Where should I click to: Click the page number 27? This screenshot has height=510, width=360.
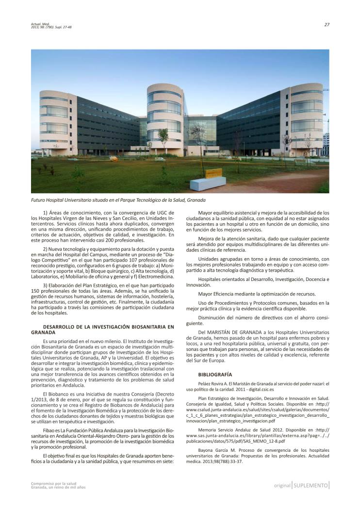[x=327, y=25]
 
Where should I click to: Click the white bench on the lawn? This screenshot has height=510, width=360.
[x=207, y=183]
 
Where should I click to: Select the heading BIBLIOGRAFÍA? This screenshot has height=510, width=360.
[x=215, y=375]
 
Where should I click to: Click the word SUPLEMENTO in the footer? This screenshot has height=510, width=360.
[x=311, y=485]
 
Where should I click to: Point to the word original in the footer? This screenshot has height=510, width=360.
[x=282, y=485]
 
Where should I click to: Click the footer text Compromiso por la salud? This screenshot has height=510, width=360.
[x=53, y=483]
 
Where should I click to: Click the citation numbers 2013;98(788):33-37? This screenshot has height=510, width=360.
[x=221, y=461]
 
